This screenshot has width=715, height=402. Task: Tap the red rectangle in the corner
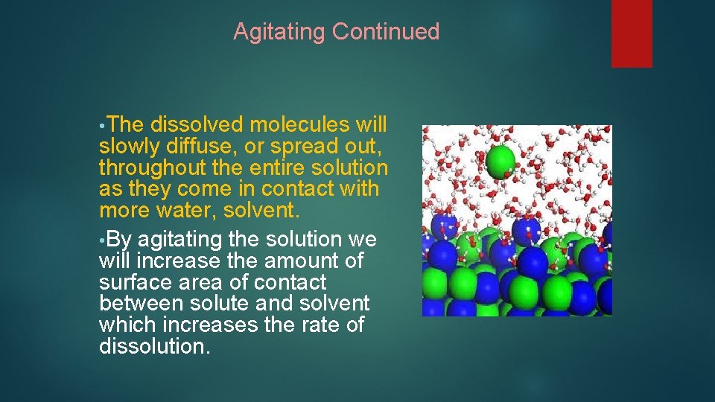pos(632,33)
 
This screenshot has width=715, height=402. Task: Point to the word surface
pos(134,283)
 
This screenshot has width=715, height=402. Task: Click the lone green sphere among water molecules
pos(500,160)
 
